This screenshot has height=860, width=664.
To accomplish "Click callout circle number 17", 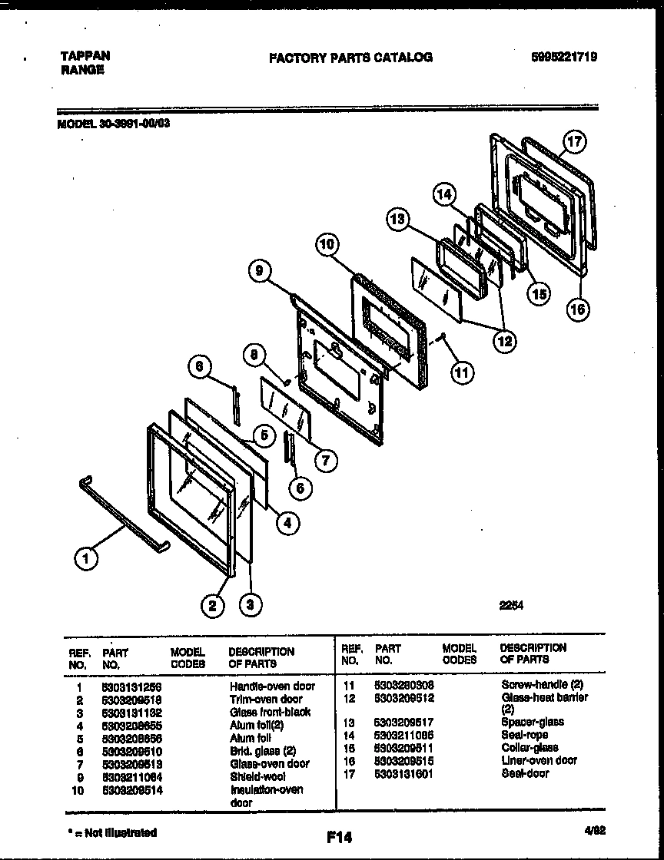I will (574, 142).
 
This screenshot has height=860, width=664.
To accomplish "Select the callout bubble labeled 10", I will (327, 245).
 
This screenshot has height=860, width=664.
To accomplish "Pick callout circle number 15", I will (539, 293).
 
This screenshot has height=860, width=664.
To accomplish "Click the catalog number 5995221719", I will (565, 57).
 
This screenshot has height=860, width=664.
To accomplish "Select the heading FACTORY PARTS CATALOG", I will (350, 57).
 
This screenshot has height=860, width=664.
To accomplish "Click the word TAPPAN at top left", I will (85, 56).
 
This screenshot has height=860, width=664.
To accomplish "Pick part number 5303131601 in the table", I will (403, 773).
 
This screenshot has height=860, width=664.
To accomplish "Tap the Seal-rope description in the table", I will (524, 735).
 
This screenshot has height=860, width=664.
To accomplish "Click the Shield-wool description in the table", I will (257, 776).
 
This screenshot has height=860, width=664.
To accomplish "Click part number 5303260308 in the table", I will (403, 684).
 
